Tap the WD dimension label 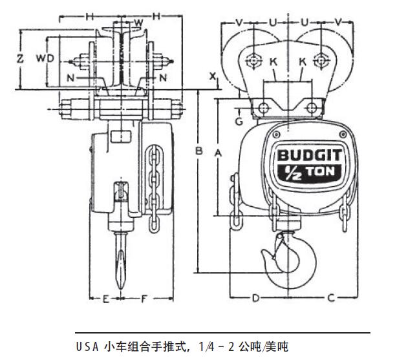(44, 58)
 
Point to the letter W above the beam (137, 24)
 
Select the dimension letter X (212, 76)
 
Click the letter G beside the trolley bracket (239, 120)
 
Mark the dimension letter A (218, 153)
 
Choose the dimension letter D (256, 298)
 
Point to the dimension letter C (330, 298)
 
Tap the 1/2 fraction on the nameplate (288, 173)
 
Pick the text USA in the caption (87, 347)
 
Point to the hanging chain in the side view (153, 187)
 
